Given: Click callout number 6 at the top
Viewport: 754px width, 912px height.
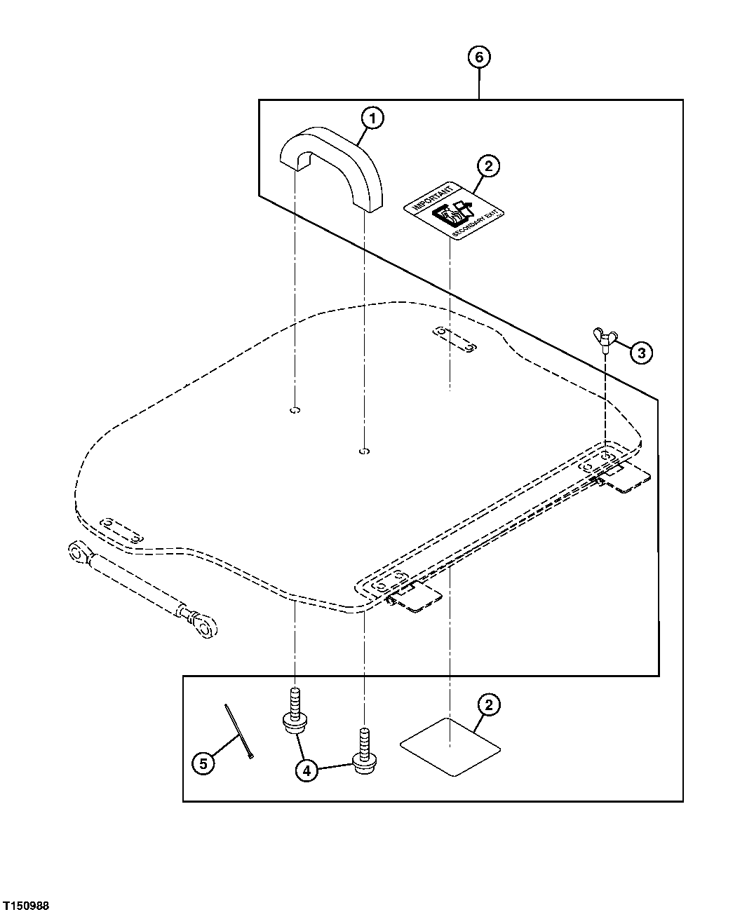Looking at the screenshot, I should click(x=479, y=57).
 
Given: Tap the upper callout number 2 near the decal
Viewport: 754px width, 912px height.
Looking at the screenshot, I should click(x=488, y=166).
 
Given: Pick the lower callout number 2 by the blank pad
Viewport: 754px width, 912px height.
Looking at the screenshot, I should click(x=488, y=705).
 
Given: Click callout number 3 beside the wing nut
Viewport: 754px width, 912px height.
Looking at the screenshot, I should click(x=640, y=352).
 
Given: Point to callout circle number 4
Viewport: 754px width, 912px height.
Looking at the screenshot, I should click(x=305, y=770).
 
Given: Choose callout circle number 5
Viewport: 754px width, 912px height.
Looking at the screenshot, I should click(x=203, y=763).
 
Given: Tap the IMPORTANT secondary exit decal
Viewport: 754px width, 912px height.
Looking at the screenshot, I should click(x=454, y=210).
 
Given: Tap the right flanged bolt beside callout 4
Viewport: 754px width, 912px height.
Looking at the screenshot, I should click(x=363, y=751).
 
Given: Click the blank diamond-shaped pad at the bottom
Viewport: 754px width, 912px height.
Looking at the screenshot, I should click(x=450, y=747).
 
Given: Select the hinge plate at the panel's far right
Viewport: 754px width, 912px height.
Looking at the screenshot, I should click(x=627, y=479).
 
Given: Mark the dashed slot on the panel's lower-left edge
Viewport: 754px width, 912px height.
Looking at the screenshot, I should click(x=121, y=530).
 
